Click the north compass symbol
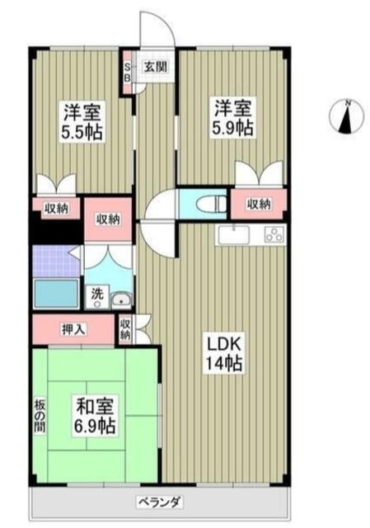[347, 117]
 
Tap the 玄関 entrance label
[152, 67]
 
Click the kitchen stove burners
[271, 234]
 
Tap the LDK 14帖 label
[224, 353]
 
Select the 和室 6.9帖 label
[96, 416]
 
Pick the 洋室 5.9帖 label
[232, 118]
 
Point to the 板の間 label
[39, 419]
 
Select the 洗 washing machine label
[96, 292]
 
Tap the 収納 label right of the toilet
[258, 203]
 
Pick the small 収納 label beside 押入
[124, 330]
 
